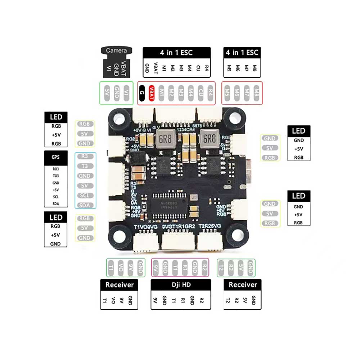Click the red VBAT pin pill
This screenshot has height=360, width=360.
[152, 93]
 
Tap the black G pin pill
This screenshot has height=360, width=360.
[142, 93]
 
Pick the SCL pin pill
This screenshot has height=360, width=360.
[85, 195]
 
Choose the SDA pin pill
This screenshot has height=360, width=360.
[85, 205]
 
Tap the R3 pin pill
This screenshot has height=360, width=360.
[85, 156]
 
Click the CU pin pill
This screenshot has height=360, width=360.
[201, 93]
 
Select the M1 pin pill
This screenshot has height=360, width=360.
[162, 93]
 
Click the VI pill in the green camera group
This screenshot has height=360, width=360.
[126, 93]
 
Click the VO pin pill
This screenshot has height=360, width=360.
[121, 268]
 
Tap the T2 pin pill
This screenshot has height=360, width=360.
[222, 268]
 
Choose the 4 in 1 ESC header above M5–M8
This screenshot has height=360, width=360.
[242, 53]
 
